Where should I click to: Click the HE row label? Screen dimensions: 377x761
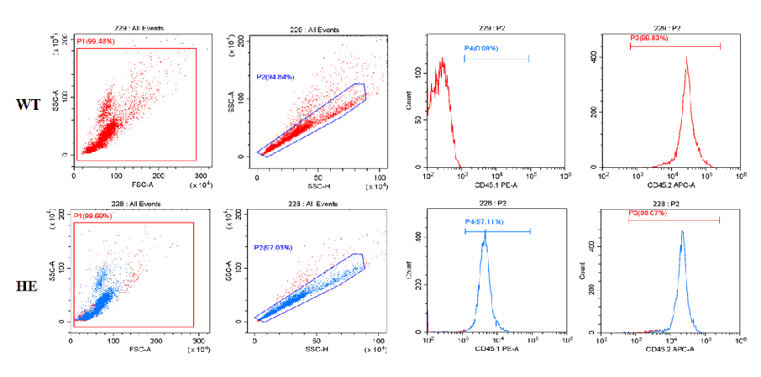point(26,286)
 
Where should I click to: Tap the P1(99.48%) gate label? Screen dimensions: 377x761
point(95,41)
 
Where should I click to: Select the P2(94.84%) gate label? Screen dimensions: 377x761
point(276,76)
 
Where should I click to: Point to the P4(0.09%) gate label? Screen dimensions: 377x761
point(481,49)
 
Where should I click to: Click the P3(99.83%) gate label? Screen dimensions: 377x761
point(651,39)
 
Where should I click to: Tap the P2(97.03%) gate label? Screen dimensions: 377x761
point(274,248)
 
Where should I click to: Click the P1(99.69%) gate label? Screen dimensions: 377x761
point(93,216)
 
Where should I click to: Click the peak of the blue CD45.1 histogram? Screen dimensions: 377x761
point(485,233)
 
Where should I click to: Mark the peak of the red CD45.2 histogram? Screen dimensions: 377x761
point(686,59)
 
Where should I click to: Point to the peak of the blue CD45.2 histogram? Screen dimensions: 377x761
point(681,232)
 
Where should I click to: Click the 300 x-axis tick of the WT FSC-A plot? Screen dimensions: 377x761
point(199,175)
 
